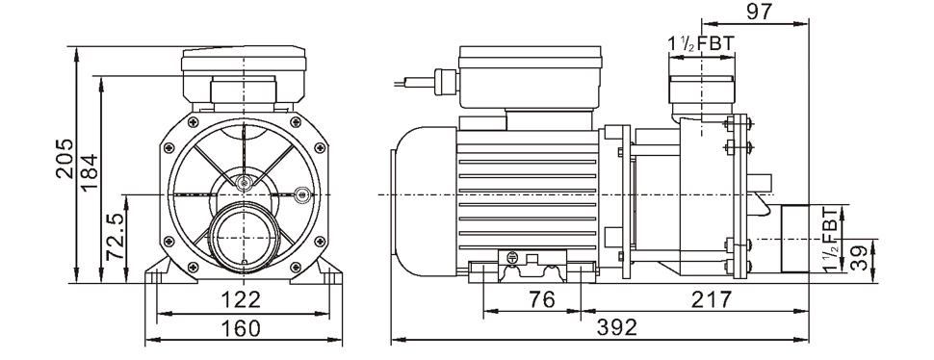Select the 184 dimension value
pyautogui.click(x=89, y=172)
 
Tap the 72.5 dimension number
pyautogui.click(x=115, y=237)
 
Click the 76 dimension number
pyautogui.click(x=541, y=299)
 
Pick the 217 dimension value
pyautogui.click(x=711, y=299)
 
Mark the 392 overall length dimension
pyautogui.click(x=618, y=326)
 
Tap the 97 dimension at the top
pyautogui.click(x=759, y=12)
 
